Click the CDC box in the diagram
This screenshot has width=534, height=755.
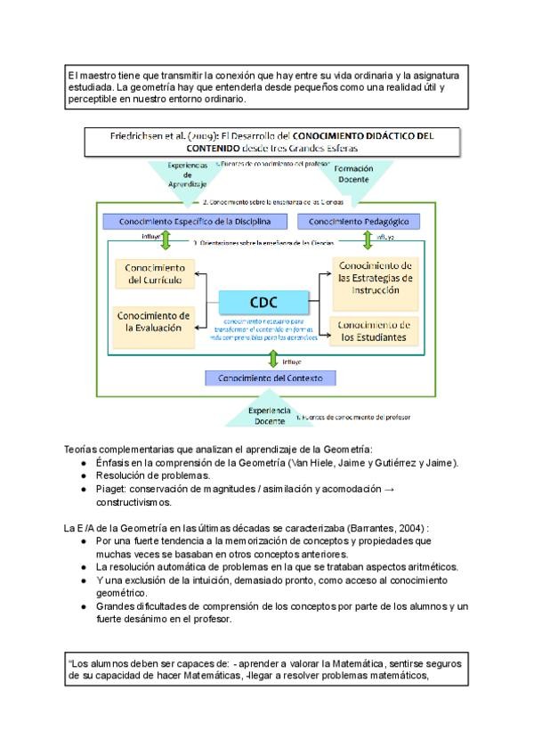point(268,302)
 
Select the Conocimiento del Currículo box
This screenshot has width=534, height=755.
point(156,274)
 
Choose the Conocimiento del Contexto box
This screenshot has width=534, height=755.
point(270,378)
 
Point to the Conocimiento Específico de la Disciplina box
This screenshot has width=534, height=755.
point(194,221)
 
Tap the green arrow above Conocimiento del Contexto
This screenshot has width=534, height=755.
point(273,359)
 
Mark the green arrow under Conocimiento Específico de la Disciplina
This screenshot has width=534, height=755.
point(166,239)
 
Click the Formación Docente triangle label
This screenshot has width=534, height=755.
point(353,173)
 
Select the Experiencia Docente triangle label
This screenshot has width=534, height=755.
point(269,415)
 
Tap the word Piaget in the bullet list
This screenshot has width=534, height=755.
point(110,489)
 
